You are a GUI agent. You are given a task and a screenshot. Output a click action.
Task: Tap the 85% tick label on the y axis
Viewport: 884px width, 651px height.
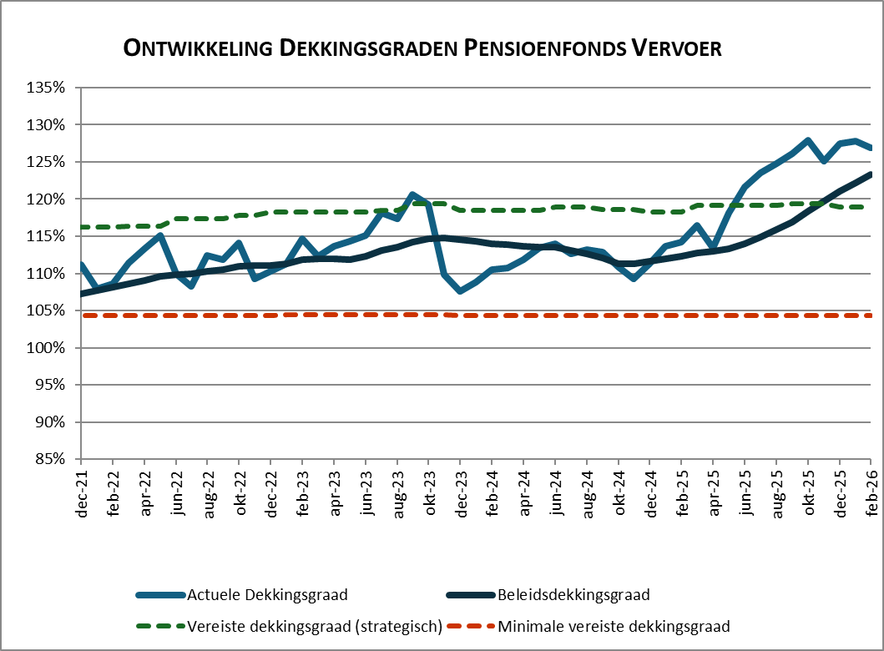[50, 459]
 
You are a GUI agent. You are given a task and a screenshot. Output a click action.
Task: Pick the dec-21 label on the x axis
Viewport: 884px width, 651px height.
[81, 492]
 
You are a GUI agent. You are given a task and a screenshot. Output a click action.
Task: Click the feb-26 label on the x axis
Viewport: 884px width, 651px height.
[871, 492]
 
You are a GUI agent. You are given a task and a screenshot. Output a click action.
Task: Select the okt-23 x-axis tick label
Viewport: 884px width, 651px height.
[428, 492]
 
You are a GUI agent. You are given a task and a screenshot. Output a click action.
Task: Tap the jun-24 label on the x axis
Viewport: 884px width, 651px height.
[555, 492]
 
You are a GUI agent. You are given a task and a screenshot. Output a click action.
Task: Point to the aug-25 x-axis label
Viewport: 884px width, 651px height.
[776, 492]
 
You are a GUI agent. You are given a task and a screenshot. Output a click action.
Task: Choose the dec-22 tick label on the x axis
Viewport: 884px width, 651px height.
[270, 492]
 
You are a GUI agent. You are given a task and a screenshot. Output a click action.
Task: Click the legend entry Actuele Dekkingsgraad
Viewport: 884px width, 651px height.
[267, 595]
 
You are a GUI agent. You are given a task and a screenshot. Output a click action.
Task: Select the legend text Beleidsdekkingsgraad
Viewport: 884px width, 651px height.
[573, 595]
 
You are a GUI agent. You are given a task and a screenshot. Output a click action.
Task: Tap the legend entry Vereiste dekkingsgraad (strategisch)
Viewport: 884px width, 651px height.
[314, 626]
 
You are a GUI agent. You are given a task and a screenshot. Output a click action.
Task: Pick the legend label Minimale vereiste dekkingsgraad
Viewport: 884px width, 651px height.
[613, 626]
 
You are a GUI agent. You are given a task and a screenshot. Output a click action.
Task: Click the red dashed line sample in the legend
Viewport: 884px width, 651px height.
[469, 626]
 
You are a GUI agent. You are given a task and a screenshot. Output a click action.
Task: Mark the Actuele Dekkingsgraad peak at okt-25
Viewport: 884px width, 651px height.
[808, 140]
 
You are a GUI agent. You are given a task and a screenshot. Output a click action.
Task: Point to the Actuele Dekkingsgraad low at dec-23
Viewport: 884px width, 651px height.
[460, 291]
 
